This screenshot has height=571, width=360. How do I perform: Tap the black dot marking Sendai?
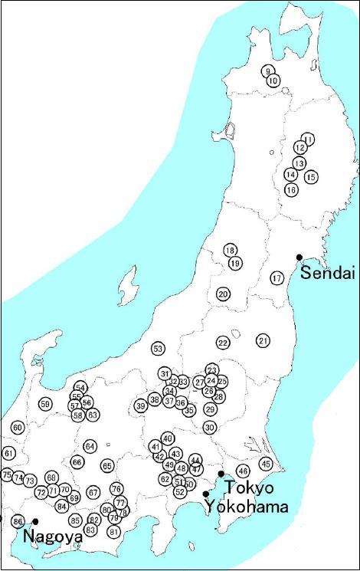click(x=299, y=258)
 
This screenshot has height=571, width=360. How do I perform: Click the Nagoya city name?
click(x=53, y=537)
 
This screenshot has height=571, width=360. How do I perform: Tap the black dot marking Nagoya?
click(x=35, y=522)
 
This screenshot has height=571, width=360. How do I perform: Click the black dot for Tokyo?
click(x=221, y=474)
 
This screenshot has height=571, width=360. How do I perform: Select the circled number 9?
click(x=267, y=71)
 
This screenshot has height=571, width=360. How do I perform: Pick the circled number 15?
click(x=310, y=177)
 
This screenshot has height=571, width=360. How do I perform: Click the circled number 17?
click(x=277, y=278)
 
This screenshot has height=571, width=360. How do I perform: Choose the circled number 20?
click(x=223, y=294)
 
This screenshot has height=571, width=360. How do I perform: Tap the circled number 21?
click(x=263, y=340)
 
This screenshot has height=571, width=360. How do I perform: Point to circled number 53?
click(x=159, y=349)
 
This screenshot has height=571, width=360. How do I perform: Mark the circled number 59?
click(x=46, y=404)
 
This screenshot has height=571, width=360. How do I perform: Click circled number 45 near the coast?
click(x=266, y=463)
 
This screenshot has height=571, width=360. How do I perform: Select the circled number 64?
click(x=90, y=446)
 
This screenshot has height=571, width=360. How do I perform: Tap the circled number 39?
click(x=140, y=405)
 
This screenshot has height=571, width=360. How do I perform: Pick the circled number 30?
click(x=210, y=427)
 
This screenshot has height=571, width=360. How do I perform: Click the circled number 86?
click(x=18, y=522)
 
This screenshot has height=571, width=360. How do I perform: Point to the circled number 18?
click(x=230, y=251)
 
